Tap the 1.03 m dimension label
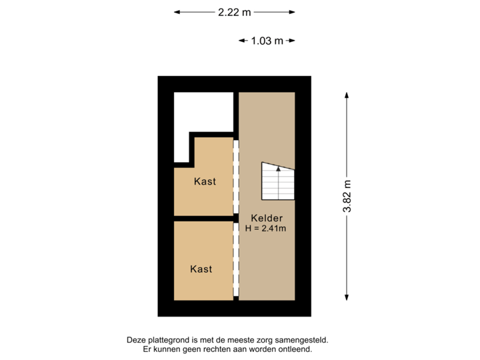pyautogui.click(x=267, y=41)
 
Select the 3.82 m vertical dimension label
pyautogui.click(x=347, y=197)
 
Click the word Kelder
pyautogui.click(x=267, y=218)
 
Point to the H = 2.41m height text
pyautogui.click(x=265, y=229)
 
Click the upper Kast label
pyautogui.click(x=205, y=181)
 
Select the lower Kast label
pyautogui.click(x=201, y=269)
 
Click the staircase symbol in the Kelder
pyautogui.click(x=277, y=181)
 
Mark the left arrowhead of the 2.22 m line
pyautogui.click(x=176, y=11)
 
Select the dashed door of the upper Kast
pyautogui.click(x=235, y=176)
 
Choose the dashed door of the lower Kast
pyautogui.click(x=235, y=261)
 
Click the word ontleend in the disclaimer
pyautogui.click(x=297, y=349)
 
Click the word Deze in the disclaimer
pyautogui.click(x=135, y=340)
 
